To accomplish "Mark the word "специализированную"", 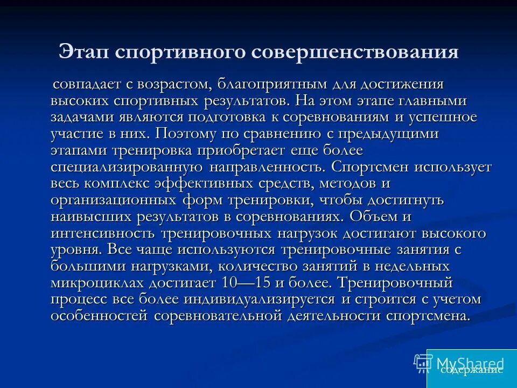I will pos(127,167).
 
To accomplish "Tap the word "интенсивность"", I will pos(103,233).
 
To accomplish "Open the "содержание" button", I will pos(471,370).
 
